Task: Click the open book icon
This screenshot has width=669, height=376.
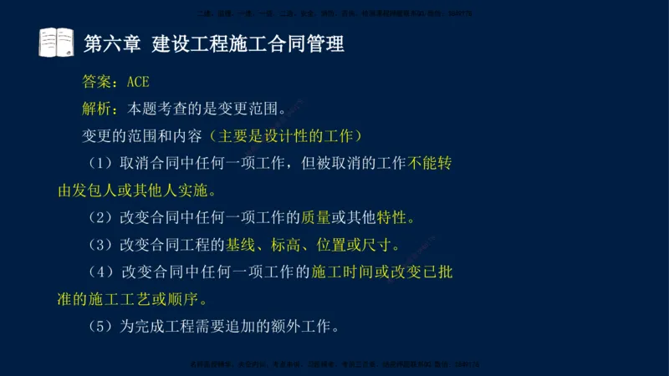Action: click(x=56, y=43)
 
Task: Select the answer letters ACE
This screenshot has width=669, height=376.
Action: click(x=138, y=82)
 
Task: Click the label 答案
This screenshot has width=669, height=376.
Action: click(x=99, y=82)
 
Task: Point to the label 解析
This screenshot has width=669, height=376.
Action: click(x=99, y=109)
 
